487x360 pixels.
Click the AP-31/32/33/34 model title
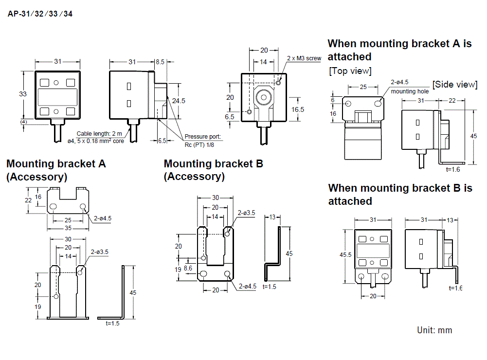[x=40, y=14]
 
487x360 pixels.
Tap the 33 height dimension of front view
[x=22, y=94]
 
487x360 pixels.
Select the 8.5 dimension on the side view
[x=160, y=62]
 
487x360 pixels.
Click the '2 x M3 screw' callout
[x=304, y=58]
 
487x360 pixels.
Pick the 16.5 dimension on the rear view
[x=298, y=109]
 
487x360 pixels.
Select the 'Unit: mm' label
[x=434, y=330]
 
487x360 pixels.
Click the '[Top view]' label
[x=350, y=71]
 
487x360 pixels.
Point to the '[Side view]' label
[x=455, y=84]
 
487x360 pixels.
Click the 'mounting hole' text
[x=410, y=91]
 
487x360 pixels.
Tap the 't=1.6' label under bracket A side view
[x=452, y=169]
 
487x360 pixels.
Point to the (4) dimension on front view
[x=23, y=121]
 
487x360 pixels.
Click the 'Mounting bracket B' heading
[x=213, y=163]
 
